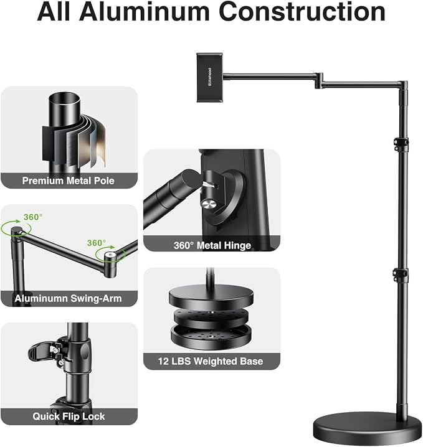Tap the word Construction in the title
[x=302, y=12]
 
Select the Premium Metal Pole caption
[x=68, y=181]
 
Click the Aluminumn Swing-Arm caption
[x=68, y=298]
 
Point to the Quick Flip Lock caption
[x=69, y=416]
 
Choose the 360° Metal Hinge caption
[x=212, y=245]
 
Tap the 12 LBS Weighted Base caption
[x=211, y=361]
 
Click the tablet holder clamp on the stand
[x=210, y=77]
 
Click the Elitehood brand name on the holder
[x=210, y=77]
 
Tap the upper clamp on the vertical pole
[x=401, y=143]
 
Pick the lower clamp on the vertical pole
[x=400, y=275]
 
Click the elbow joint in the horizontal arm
[x=319, y=80]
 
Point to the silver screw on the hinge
[x=208, y=204]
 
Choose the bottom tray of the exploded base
[x=211, y=337]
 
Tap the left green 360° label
[x=33, y=217]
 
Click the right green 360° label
[x=97, y=243]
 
